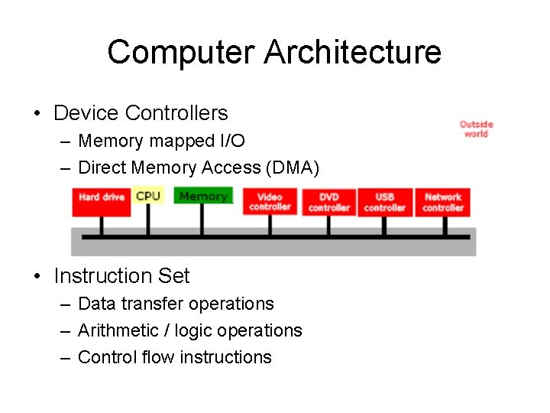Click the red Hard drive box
(x=101, y=197)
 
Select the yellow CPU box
(x=148, y=196)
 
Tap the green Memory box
(x=202, y=196)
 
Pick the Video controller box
(x=270, y=202)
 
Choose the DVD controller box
(x=328, y=202)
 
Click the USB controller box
(x=385, y=202)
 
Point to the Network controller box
(x=443, y=202)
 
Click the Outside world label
(x=476, y=129)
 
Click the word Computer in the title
(x=181, y=52)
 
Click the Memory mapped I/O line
(x=161, y=141)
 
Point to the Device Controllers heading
(x=141, y=113)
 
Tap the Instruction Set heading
(x=121, y=275)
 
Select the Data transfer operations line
(x=176, y=304)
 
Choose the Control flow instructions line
(x=175, y=357)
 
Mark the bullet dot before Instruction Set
(x=37, y=276)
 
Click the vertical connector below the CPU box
(x=148, y=220)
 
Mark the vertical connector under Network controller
(x=443, y=226)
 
